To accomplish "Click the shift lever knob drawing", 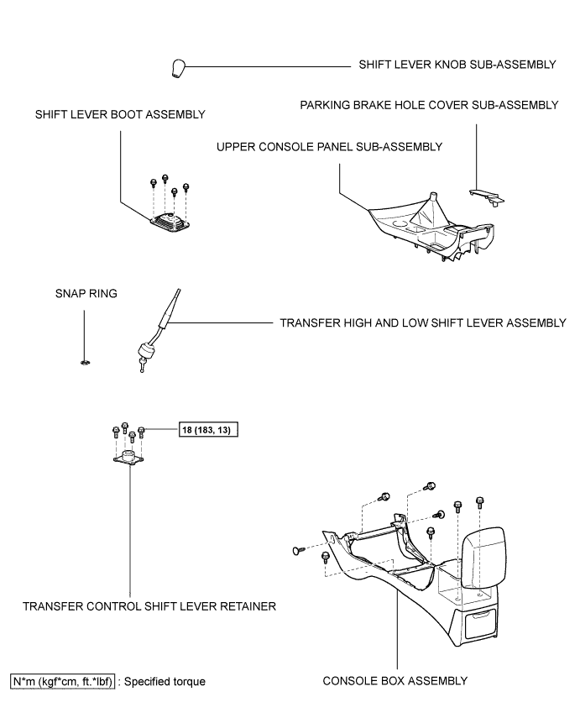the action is click(178, 68).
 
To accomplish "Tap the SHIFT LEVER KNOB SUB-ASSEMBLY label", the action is click(457, 65).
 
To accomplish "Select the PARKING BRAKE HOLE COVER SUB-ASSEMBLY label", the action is click(429, 105).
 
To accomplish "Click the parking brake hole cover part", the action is click(487, 197).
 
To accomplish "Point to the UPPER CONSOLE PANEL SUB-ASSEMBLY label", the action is click(329, 147).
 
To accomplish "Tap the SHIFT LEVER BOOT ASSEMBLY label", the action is click(120, 114).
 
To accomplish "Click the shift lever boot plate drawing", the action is click(170, 221).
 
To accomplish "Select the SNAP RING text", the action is click(86, 294).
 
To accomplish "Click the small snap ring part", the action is click(84, 363).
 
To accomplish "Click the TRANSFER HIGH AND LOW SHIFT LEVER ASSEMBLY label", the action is click(423, 323).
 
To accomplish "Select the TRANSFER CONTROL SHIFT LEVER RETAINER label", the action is click(149, 606).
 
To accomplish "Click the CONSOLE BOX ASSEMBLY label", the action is click(395, 681).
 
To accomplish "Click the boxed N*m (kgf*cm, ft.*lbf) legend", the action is click(62, 682).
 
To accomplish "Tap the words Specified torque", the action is click(165, 682).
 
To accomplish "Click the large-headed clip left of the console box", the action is click(299, 550).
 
